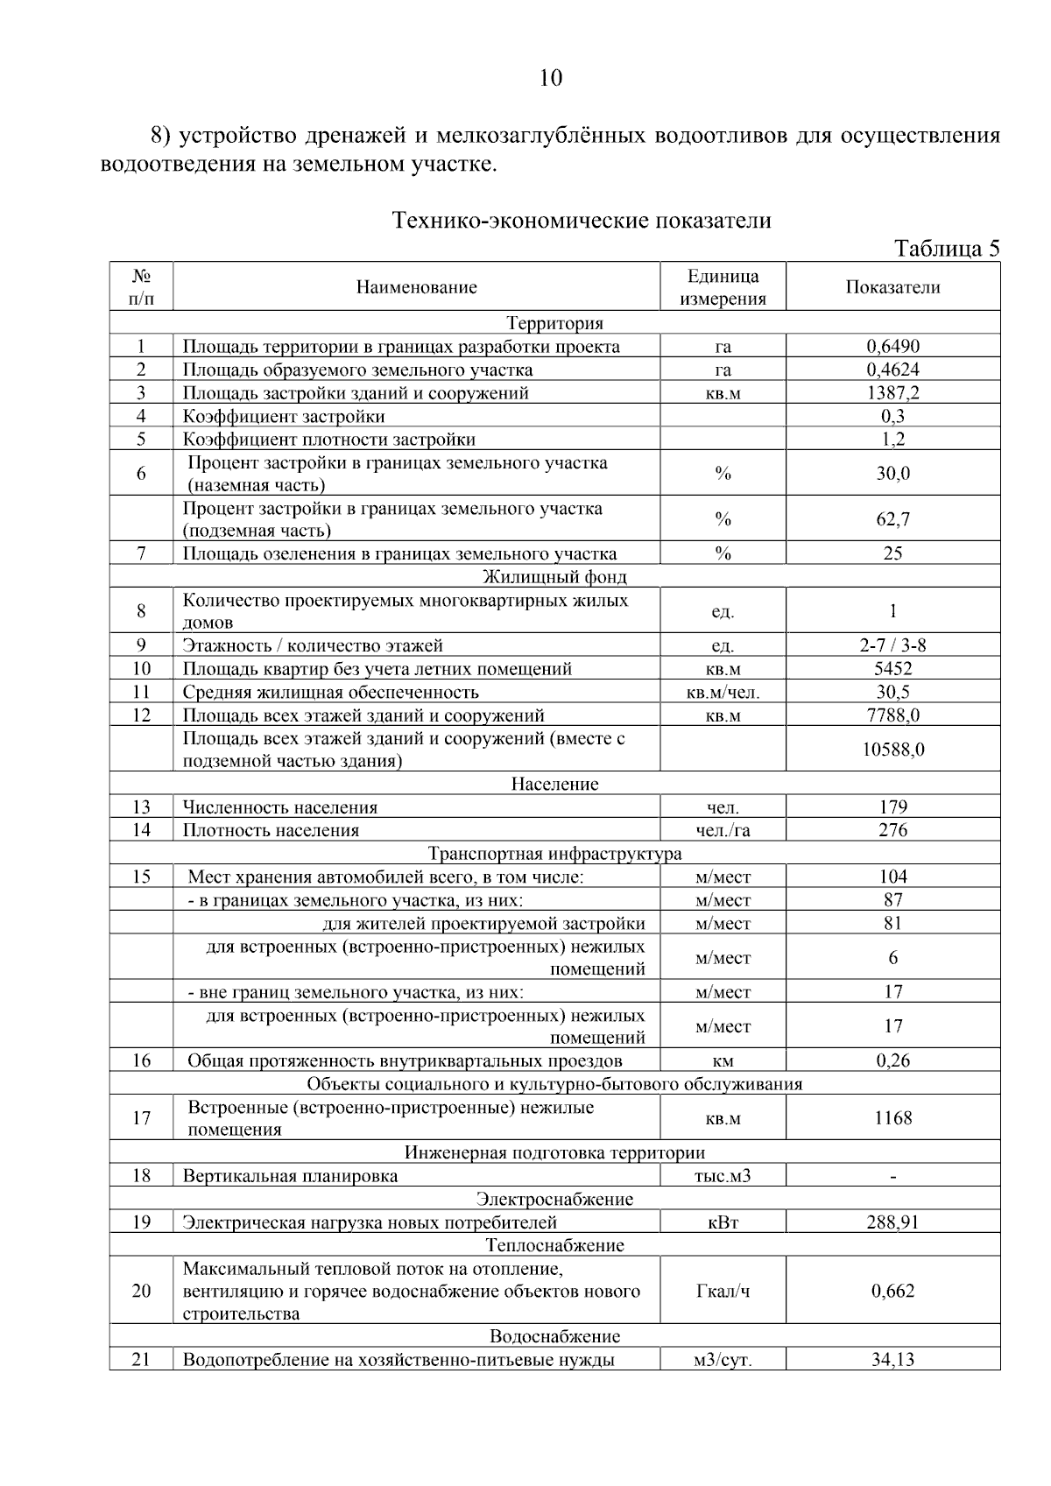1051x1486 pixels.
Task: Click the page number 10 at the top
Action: [x=551, y=79]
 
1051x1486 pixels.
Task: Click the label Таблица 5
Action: [x=947, y=250]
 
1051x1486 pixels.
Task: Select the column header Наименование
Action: [x=416, y=287]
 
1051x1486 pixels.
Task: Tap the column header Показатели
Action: [x=892, y=287]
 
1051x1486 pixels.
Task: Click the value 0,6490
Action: [x=892, y=347]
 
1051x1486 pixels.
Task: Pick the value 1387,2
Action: [x=892, y=393]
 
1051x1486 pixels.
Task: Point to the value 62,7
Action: [x=892, y=519]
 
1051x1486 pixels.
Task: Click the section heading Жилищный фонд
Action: [x=554, y=577]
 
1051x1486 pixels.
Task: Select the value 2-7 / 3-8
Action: [x=892, y=646]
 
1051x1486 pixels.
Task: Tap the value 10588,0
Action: [x=892, y=750]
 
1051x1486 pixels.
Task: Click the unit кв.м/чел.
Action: [x=723, y=693]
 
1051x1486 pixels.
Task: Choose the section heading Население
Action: [x=554, y=784]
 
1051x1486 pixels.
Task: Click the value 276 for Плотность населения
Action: [x=892, y=830]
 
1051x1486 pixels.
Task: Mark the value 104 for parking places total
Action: [x=892, y=877]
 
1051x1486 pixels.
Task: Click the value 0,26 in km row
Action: [x=892, y=1061]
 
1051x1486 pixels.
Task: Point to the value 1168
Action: [x=892, y=1118]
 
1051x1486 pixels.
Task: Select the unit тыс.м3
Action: [x=723, y=1176]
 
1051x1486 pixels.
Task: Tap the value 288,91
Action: [x=892, y=1222]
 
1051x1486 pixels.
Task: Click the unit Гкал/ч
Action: [x=723, y=1292]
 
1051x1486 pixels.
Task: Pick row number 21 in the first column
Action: [x=141, y=1360]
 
